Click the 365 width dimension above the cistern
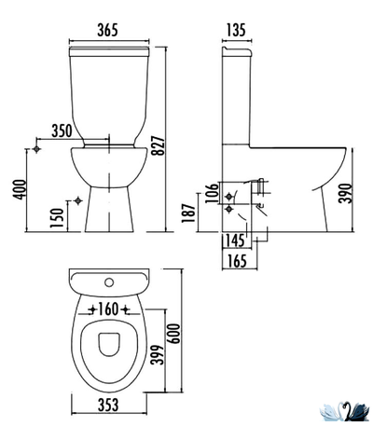(x=108, y=30)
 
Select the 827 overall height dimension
(x=159, y=145)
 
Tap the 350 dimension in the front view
(x=62, y=131)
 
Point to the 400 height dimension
(x=20, y=189)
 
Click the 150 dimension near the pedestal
(x=57, y=217)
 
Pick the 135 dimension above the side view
(x=236, y=30)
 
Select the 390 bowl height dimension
(x=345, y=193)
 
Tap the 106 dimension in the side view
(x=212, y=193)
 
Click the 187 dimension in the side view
(x=188, y=213)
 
